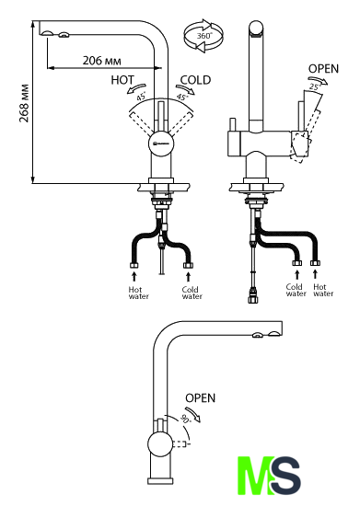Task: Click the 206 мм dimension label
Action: [101, 61]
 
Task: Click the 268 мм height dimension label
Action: [24, 103]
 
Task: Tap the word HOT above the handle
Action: [122, 80]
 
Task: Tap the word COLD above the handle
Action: [195, 80]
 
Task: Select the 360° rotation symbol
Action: [203, 36]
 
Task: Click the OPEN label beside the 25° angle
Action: [323, 69]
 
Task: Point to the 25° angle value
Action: [315, 86]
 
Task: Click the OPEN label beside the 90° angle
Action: [200, 397]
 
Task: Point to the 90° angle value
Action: [186, 419]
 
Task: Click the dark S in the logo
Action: [285, 476]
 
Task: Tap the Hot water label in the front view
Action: [138, 293]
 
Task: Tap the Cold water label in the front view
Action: [192, 293]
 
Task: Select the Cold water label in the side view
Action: [296, 290]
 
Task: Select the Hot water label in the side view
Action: [323, 290]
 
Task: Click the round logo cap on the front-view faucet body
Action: [161, 144]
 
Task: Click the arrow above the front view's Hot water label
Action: [134, 277]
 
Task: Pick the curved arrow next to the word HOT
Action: [135, 88]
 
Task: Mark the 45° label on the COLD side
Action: [181, 97]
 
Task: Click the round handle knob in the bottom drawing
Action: [160, 444]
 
